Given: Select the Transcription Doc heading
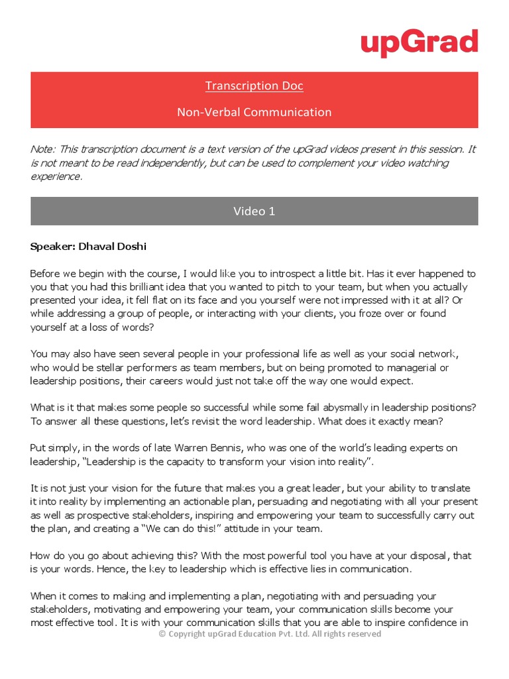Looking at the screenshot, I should pyautogui.click(x=254, y=86).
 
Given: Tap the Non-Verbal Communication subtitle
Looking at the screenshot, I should pyautogui.click(x=254, y=112).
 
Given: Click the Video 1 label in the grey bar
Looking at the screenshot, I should pyautogui.click(x=254, y=211).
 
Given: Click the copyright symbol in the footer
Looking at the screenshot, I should pyautogui.click(x=162, y=634).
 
